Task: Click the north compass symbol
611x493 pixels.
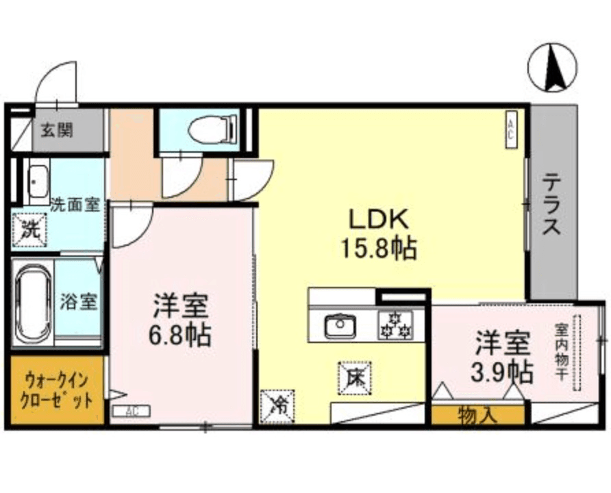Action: tap(552, 67)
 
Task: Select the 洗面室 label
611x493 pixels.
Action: tap(75, 203)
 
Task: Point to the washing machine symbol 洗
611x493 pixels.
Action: tap(29, 228)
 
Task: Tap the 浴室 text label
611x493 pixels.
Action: tap(79, 301)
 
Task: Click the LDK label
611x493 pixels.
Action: tap(379, 220)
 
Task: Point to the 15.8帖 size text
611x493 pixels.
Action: tap(379, 249)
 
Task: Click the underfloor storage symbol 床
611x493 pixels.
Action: tap(355, 376)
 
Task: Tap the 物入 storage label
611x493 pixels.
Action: tap(477, 414)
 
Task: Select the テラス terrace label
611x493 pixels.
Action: tap(551, 205)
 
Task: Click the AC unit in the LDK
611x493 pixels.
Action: tap(511, 128)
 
